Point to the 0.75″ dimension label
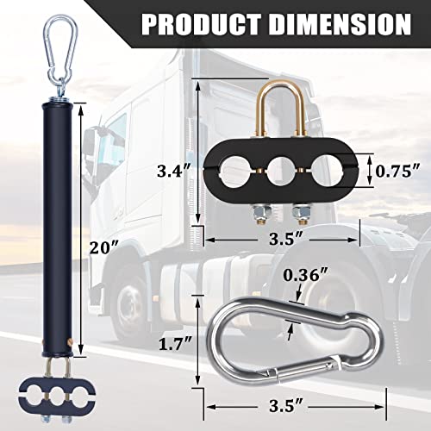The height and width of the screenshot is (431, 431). coord(397,170)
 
